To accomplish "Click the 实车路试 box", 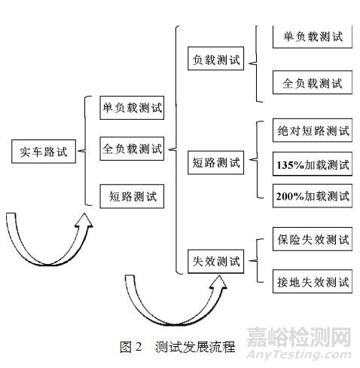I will click(x=44, y=152).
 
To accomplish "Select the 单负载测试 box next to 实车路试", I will click(x=132, y=108).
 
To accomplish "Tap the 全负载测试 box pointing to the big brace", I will click(x=132, y=149).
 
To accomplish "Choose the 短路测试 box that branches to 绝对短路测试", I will click(x=215, y=162).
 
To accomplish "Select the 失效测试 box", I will click(x=215, y=262).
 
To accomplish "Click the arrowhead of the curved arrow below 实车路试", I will click(x=84, y=220).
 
